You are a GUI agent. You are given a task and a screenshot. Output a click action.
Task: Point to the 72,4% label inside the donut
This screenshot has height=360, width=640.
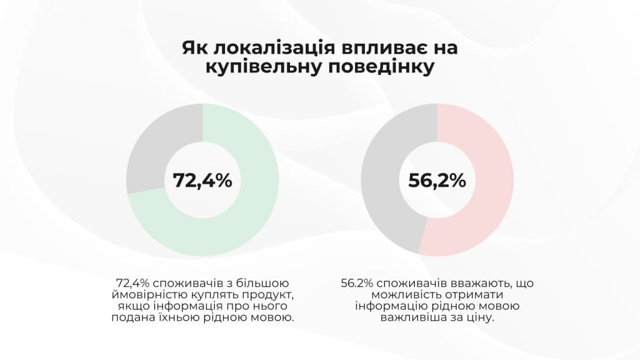point(202,180)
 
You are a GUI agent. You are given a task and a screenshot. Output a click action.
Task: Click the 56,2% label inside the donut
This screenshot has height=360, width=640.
point(437,180)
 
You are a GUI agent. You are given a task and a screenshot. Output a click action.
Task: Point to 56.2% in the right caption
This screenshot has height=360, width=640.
point(357,282)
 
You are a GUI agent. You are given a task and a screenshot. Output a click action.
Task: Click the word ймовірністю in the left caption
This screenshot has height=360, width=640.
point(150,294)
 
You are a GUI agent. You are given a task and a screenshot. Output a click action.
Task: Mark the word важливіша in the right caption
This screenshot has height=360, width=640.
point(411,318)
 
